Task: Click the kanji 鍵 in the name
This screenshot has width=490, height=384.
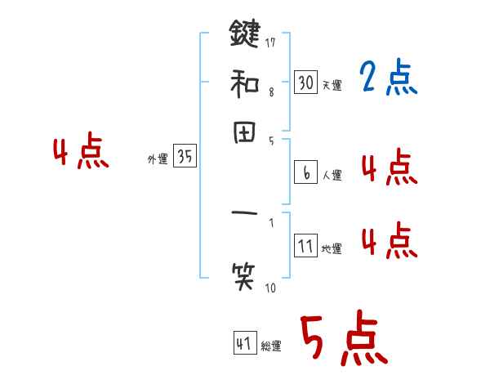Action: [245, 34]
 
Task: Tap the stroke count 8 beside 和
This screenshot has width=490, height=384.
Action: [271, 92]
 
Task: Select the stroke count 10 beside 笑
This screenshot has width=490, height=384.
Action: [270, 287]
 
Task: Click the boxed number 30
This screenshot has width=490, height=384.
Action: [305, 82]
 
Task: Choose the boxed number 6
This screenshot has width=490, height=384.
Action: [305, 172]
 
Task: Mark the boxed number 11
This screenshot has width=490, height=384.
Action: [305, 246]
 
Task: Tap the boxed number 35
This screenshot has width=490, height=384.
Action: [185, 158]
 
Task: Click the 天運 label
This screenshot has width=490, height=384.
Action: [332, 85]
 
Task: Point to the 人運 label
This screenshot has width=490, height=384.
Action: [332, 175]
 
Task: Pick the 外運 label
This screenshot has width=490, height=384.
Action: [158, 160]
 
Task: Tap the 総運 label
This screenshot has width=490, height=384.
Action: [271, 346]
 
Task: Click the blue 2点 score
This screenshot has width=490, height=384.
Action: [388, 78]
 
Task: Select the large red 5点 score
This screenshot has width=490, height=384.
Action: [343, 339]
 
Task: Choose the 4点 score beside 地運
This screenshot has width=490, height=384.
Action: [388, 241]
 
